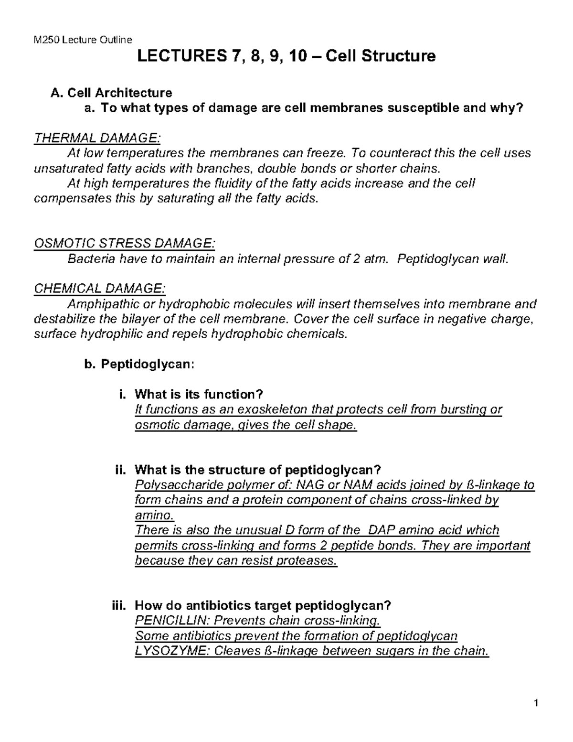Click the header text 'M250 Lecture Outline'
[x=83, y=40]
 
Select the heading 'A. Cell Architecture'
[x=111, y=92]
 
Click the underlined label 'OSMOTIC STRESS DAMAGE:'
[x=125, y=244]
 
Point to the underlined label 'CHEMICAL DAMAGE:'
[x=100, y=289]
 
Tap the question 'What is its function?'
[x=199, y=394]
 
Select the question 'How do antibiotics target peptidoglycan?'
[x=263, y=605]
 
